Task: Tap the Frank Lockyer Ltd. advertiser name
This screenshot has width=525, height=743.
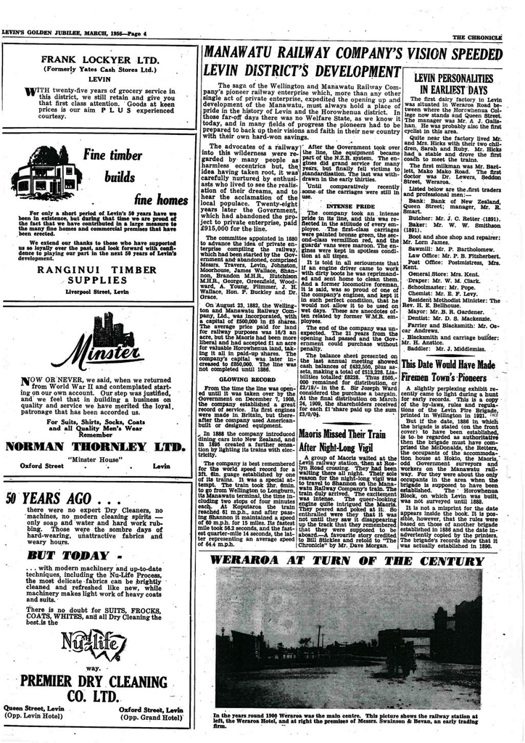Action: click(x=100, y=59)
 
